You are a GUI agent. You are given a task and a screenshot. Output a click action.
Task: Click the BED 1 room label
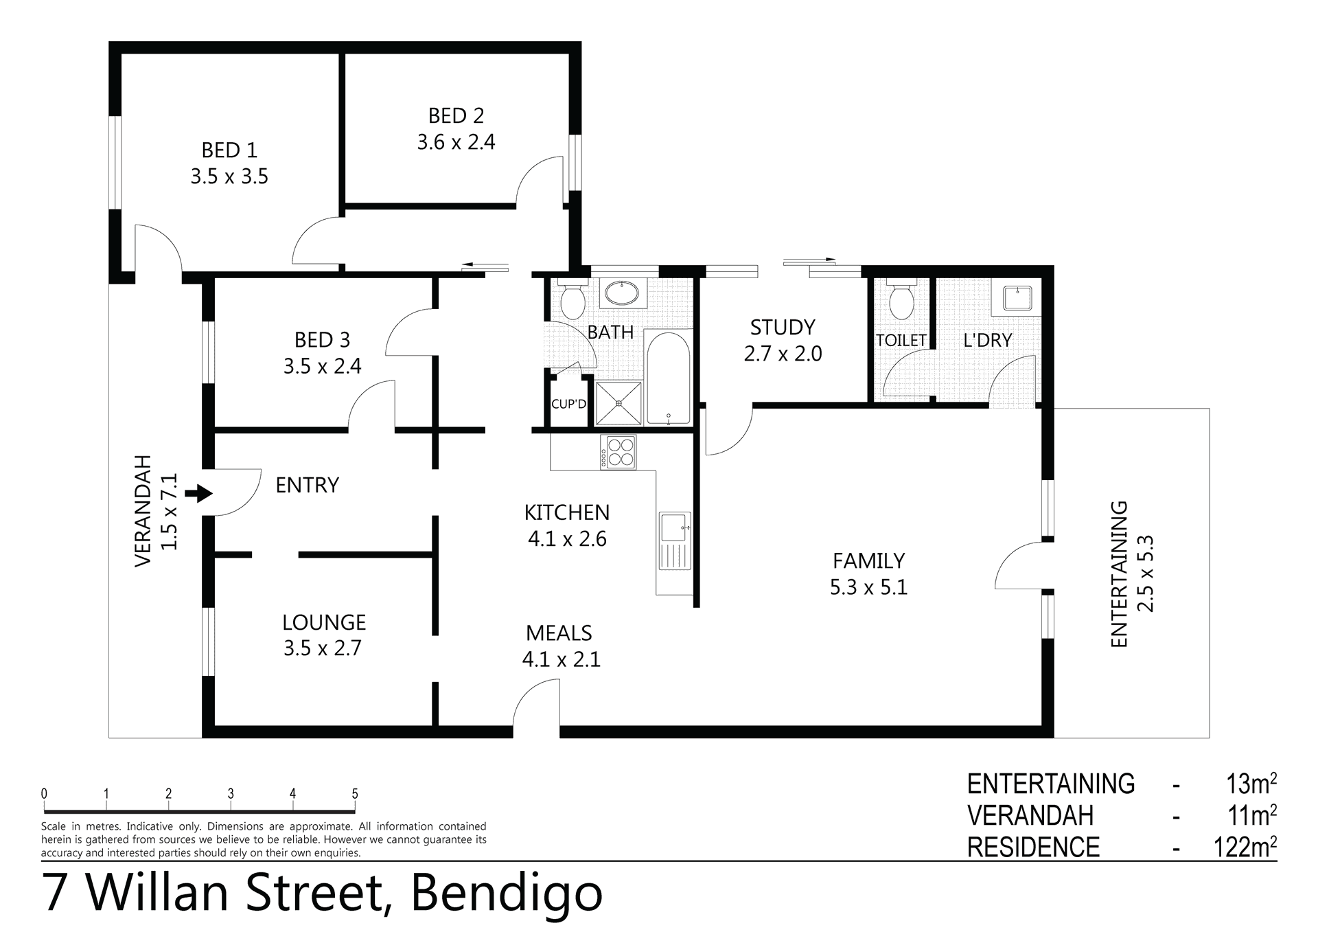(230, 150)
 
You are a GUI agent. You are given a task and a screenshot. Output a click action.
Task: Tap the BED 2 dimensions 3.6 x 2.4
(456, 142)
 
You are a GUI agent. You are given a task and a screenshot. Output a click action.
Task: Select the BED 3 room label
(323, 340)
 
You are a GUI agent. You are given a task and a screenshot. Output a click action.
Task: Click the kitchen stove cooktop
(618, 452)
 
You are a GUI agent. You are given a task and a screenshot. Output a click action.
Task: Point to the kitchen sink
(675, 541)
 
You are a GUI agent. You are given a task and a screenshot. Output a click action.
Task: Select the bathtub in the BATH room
(668, 378)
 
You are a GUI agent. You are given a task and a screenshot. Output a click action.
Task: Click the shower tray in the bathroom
(618, 404)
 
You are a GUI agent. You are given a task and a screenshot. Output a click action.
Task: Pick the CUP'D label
(569, 404)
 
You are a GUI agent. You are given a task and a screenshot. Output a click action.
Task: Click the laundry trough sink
(1019, 298)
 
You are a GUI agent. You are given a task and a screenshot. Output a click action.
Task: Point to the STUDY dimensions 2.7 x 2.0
(783, 354)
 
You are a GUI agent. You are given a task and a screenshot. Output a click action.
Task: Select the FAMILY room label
(869, 561)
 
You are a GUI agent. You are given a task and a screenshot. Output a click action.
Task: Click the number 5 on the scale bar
(355, 794)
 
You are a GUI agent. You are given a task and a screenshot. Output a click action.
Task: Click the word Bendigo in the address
(507, 893)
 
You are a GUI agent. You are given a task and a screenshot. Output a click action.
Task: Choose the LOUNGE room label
(324, 622)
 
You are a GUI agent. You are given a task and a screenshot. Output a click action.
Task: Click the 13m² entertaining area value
(1251, 784)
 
